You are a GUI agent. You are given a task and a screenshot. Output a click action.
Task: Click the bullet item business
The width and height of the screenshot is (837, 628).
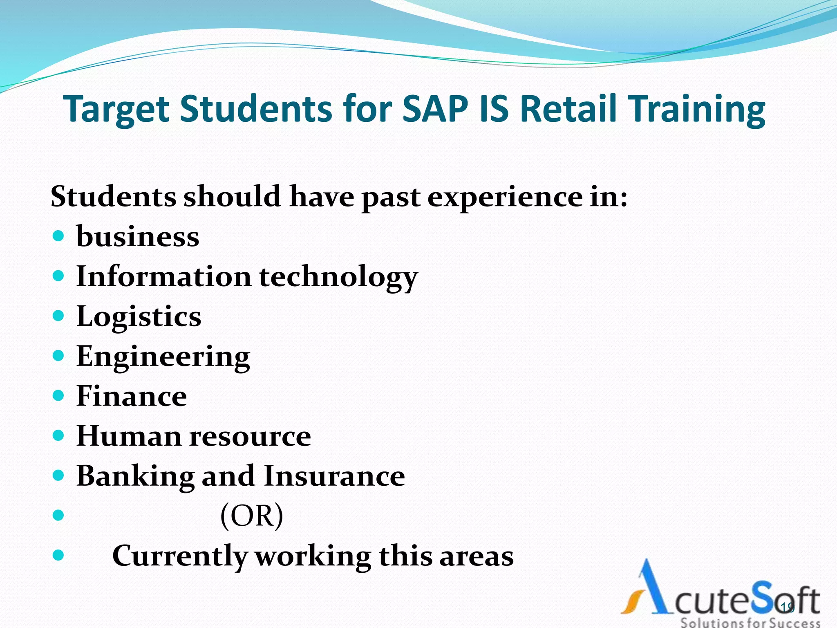138,237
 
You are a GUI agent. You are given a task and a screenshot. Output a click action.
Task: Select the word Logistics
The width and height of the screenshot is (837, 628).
139,317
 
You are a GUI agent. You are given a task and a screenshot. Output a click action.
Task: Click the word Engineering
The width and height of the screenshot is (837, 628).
163,357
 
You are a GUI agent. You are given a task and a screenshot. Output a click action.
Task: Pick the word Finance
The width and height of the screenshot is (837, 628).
132,396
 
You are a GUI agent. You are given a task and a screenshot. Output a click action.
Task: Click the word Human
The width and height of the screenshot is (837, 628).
129,436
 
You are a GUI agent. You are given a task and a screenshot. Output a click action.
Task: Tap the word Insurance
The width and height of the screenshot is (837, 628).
334,476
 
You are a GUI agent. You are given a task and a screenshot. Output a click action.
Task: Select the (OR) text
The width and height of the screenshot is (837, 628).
251,516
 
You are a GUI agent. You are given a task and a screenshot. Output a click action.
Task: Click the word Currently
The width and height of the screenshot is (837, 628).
180,556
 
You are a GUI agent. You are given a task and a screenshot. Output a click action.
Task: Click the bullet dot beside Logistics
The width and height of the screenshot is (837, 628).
59,316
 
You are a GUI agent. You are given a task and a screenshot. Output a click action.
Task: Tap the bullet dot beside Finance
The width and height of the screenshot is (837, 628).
59,396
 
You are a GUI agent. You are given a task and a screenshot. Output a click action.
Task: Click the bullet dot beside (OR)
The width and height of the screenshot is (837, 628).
59,515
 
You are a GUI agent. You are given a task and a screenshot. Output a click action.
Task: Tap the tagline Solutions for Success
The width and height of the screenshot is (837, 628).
750,623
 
